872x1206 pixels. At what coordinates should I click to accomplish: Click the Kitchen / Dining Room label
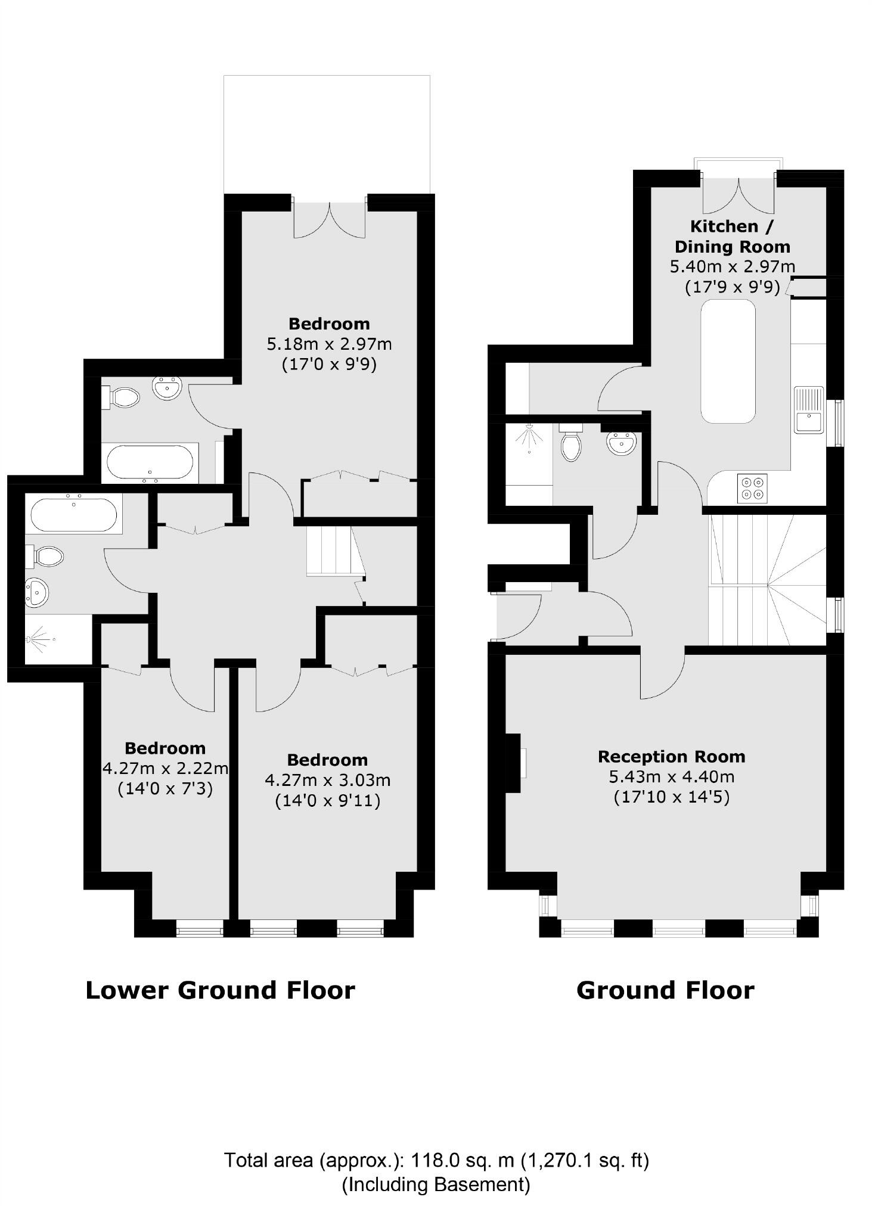coord(732,237)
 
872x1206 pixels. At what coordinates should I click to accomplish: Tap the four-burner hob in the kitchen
coord(752,488)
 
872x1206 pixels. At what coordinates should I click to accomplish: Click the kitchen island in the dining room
coord(728,361)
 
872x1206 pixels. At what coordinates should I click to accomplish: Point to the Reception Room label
coord(671,757)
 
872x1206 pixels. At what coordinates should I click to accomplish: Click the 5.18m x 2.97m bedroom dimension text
coord(329,344)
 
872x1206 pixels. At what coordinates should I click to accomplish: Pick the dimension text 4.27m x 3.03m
coord(327,780)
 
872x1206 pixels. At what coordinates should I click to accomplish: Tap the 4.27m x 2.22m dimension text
coord(165,768)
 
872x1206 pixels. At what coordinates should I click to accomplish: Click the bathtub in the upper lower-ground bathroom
coord(150,463)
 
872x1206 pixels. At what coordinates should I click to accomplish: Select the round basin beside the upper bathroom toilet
coord(166,388)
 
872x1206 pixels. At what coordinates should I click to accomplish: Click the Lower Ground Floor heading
coord(220,990)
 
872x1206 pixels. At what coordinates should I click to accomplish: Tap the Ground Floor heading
coord(665,990)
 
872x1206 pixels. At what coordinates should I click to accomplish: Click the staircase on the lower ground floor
coord(331,551)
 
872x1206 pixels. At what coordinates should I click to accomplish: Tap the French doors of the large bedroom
coord(330,220)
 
